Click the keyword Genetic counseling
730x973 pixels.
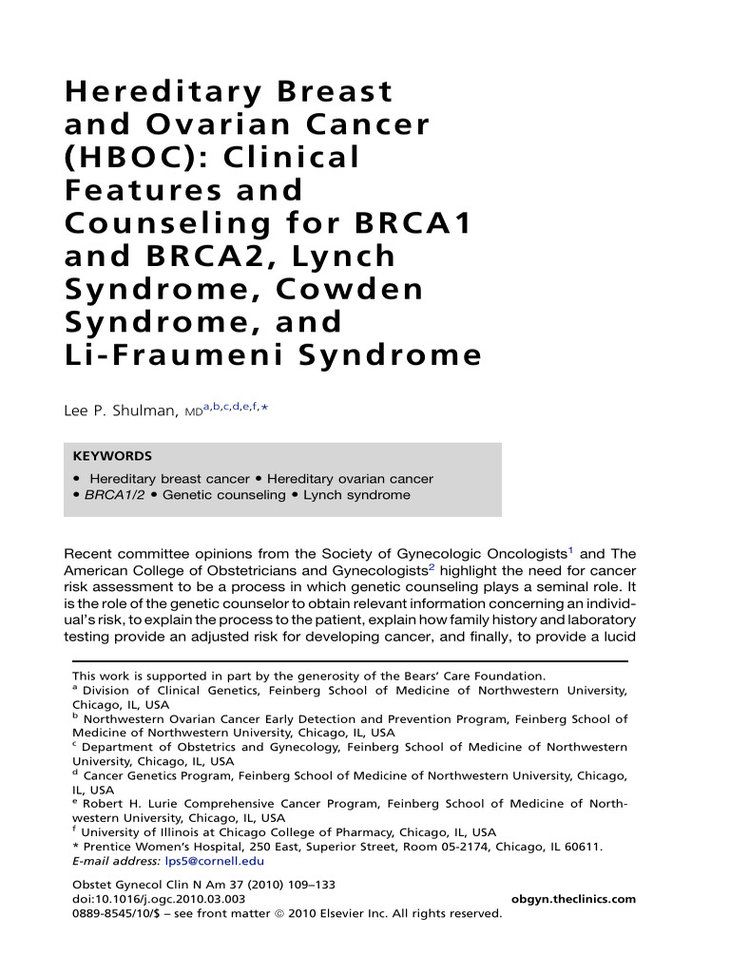pos(224,495)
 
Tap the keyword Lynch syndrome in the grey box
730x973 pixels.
pos(356,495)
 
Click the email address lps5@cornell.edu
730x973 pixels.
pos(215,861)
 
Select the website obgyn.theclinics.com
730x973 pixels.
pos(573,899)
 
